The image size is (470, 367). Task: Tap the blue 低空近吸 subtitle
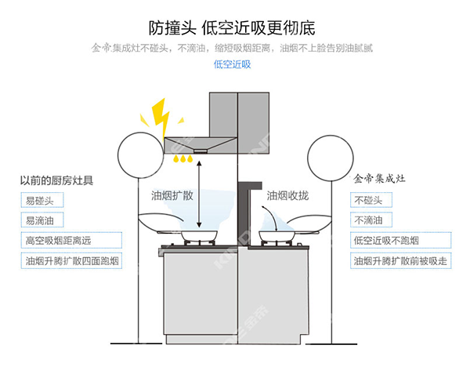(x=233, y=64)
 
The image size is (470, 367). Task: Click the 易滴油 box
(x=42, y=221)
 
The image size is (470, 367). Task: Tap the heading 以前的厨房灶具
(x=56, y=180)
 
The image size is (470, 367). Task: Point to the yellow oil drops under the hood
(x=185, y=159)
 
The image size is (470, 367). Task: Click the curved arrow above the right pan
(x=266, y=216)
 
